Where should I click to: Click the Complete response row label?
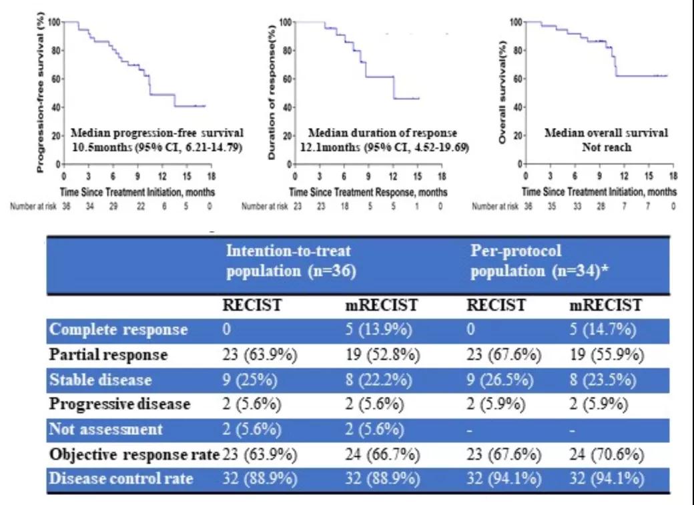click(118, 330)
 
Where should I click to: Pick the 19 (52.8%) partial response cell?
click(382, 354)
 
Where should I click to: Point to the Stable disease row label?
click(101, 380)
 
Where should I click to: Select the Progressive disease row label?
click(120, 404)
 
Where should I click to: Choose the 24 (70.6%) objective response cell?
click(607, 455)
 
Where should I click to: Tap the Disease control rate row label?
click(121, 479)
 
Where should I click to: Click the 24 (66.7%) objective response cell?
click(382, 455)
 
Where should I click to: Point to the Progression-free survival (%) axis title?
click(41, 95)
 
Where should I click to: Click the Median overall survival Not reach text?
click(606, 139)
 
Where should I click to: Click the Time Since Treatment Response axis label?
click(371, 191)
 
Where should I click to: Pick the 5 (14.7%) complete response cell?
click(605, 330)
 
